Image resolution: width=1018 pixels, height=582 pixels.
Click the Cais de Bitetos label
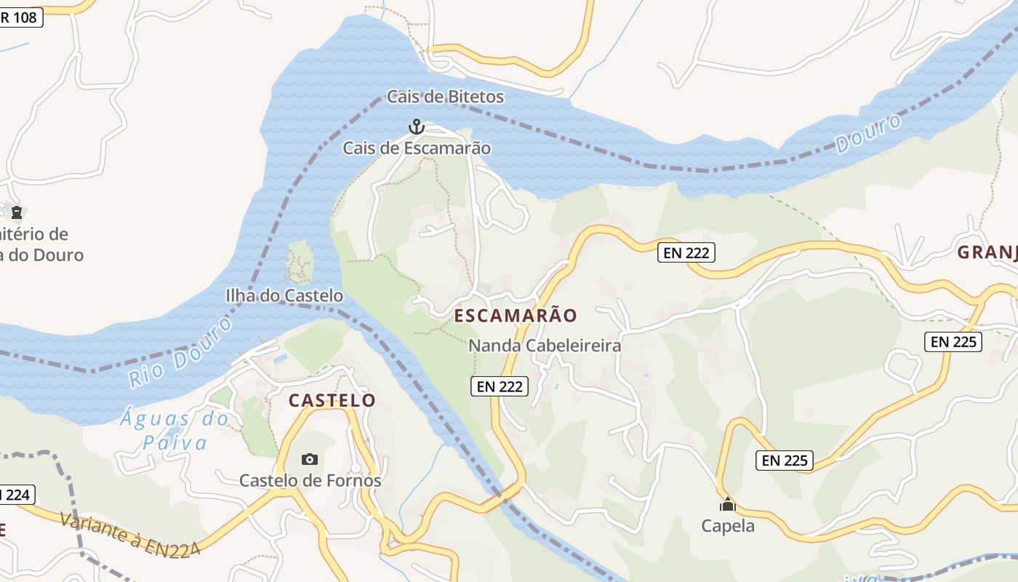tap(445, 97)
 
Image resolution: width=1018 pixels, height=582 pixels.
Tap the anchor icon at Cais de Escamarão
tap(416, 127)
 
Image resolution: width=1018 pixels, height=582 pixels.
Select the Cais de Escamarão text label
tap(417, 148)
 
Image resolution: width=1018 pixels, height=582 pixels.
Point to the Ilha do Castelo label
tap(284, 295)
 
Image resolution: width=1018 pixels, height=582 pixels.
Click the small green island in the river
tap(300, 262)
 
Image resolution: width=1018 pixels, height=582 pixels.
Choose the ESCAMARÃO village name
tap(516, 316)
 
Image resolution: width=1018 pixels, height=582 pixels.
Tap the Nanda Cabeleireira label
tap(545, 346)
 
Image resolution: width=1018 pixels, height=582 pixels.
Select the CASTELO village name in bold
tap(332, 400)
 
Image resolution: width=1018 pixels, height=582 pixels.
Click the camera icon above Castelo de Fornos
tap(310, 459)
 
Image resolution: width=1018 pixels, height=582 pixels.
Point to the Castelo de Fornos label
tap(310, 481)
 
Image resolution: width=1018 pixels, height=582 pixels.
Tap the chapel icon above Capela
tap(728, 504)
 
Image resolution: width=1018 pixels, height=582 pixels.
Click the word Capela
tap(728, 525)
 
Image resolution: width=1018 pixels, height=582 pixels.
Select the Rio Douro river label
tap(180, 353)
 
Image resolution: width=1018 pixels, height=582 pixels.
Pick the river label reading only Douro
tap(868, 133)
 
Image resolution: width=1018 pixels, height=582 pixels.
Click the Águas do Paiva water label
tap(175, 431)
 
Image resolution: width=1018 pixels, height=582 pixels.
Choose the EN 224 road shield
tap(15, 495)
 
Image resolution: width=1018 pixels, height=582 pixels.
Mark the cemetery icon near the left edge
tap(16, 212)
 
